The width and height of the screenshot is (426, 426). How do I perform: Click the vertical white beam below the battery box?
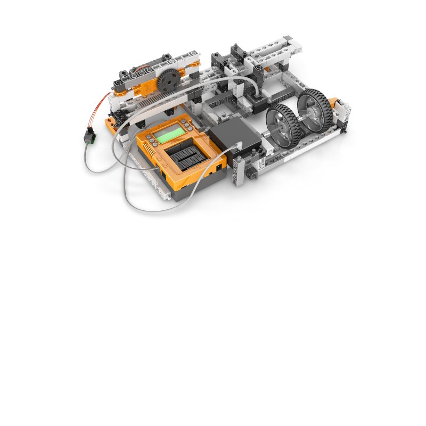(x=237, y=171)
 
